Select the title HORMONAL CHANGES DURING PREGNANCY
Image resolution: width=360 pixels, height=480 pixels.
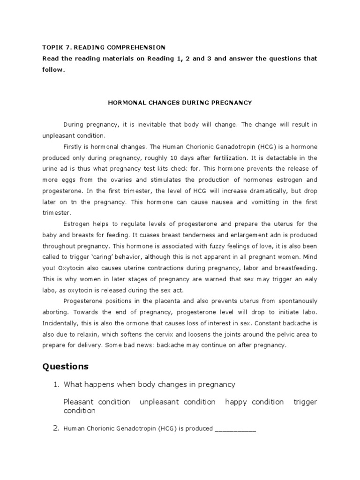click(180, 102)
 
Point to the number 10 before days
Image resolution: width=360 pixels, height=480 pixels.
click(185, 157)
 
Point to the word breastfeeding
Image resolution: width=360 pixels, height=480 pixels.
click(296, 268)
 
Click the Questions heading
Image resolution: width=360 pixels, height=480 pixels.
click(65, 366)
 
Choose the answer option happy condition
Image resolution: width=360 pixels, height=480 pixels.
click(255, 402)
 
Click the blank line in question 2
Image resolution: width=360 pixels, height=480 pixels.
click(235, 428)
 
